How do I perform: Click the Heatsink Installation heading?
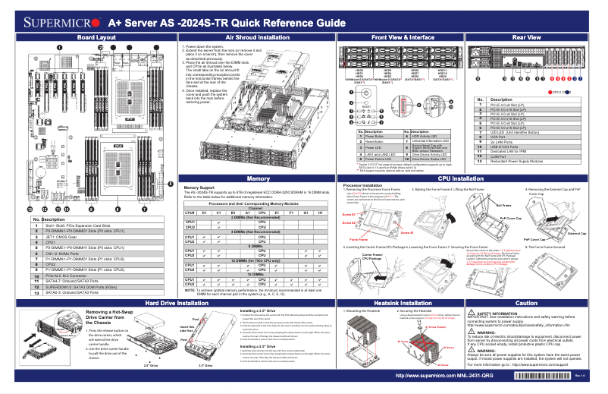click(392, 303)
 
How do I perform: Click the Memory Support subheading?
click(184, 187)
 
